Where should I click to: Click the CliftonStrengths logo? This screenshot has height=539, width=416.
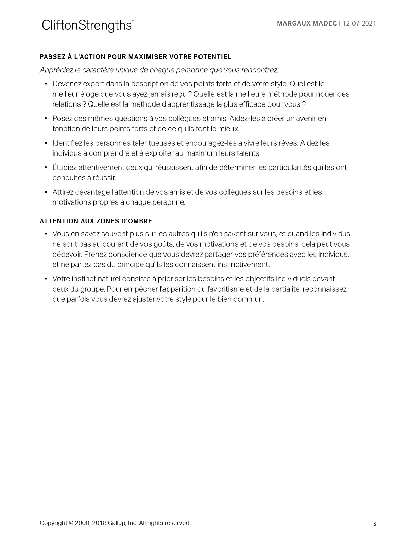coord(87,26)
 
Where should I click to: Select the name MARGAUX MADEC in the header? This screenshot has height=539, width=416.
coord(307,23)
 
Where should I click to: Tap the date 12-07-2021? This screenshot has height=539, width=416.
coord(359,23)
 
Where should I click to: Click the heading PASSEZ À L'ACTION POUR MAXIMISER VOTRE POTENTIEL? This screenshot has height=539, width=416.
coord(135,57)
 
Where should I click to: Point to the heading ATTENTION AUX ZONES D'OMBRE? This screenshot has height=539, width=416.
coord(96,221)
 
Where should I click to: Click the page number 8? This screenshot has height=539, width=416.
coord(375,524)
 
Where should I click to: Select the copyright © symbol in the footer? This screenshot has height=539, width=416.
coord(71,523)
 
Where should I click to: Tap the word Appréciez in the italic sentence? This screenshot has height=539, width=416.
coord(56,70)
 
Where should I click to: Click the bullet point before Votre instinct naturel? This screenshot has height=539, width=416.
coord(46,279)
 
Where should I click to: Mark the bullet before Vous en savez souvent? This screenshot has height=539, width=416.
coord(46,234)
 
